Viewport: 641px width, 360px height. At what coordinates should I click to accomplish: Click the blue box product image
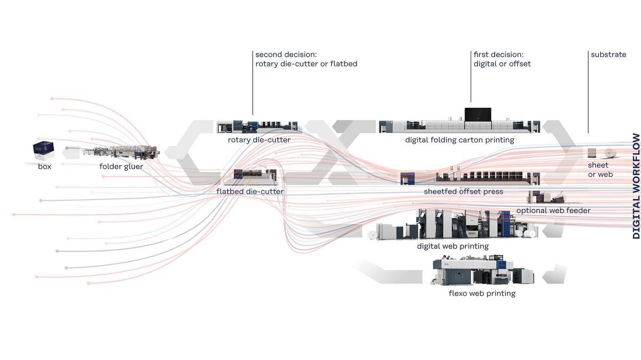[x=43, y=151]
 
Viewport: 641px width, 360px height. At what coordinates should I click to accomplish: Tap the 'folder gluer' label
[x=121, y=167]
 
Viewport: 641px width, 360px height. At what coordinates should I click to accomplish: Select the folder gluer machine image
[x=120, y=152]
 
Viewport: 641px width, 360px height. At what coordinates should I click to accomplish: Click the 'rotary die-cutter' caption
[x=259, y=140]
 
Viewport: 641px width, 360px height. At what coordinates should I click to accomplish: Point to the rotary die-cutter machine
[x=259, y=127]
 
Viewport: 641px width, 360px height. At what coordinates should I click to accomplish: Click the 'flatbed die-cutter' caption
[x=250, y=191]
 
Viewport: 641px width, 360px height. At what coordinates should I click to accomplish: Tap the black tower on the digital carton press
[x=478, y=114]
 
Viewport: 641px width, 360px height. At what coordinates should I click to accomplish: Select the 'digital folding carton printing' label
[x=459, y=140]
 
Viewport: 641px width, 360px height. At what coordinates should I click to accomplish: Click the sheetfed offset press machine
[x=470, y=178]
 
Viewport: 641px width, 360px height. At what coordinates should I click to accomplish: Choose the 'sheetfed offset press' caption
[x=463, y=191]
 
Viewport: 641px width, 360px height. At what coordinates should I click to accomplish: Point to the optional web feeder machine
[x=546, y=197]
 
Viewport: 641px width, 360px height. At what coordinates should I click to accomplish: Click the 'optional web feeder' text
[x=553, y=210]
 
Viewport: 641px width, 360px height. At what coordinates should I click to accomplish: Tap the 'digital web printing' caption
[x=453, y=246]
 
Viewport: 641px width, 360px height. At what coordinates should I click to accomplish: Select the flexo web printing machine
[x=483, y=270]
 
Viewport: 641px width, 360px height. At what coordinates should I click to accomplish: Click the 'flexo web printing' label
[x=482, y=293]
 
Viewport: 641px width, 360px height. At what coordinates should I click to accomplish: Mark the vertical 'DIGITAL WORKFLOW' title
[x=636, y=186]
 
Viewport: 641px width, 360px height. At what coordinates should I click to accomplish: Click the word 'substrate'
[x=608, y=54]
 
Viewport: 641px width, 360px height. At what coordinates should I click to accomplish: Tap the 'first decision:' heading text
[x=498, y=54]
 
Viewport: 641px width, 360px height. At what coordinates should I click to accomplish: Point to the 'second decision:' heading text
[x=286, y=54]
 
